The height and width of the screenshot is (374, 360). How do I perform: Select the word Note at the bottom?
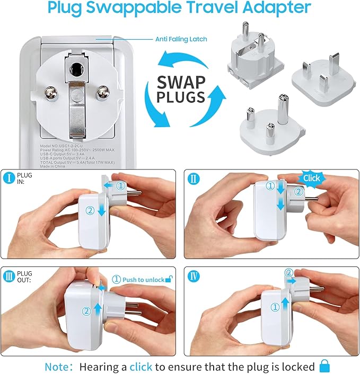click(x=55, y=366)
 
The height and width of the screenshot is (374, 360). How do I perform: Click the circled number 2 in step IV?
click(x=288, y=273)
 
